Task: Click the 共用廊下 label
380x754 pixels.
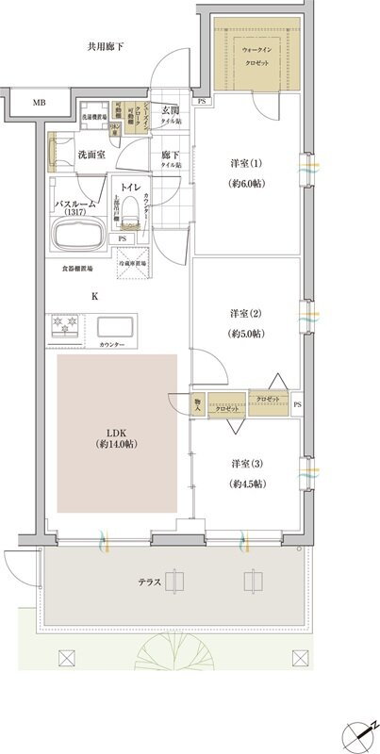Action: click(x=106, y=46)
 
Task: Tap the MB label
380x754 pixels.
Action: click(x=40, y=102)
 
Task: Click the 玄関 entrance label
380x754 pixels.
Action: click(x=171, y=110)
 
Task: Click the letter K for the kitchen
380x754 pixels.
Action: click(x=94, y=296)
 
